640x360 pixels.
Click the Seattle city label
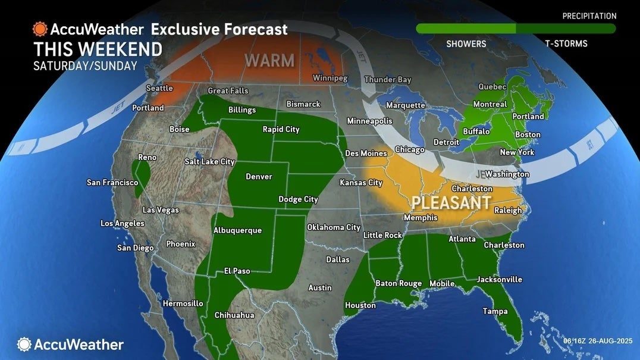[x=159, y=88]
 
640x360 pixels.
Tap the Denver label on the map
[x=259, y=177]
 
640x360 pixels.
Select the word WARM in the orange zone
[x=269, y=60]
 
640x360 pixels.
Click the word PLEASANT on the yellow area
[x=451, y=202]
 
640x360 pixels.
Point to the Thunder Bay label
[x=388, y=80]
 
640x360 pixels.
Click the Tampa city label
[x=495, y=311]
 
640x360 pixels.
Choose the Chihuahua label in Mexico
[x=234, y=315]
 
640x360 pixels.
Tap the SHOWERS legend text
[x=466, y=43]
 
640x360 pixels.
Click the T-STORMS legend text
[x=566, y=43]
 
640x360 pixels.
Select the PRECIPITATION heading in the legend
[x=589, y=16]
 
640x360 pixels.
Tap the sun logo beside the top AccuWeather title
[x=40, y=29]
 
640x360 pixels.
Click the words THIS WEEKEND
[x=98, y=49]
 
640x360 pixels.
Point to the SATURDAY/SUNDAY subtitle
[x=85, y=66]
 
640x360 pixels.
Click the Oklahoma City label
[x=333, y=227]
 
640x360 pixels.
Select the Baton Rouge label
[x=398, y=283]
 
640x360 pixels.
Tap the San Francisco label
[x=112, y=182]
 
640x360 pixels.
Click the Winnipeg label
[x=331, y=79]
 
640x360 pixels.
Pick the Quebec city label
[x=492, y=87]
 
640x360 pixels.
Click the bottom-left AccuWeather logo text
[x=79, y=345]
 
